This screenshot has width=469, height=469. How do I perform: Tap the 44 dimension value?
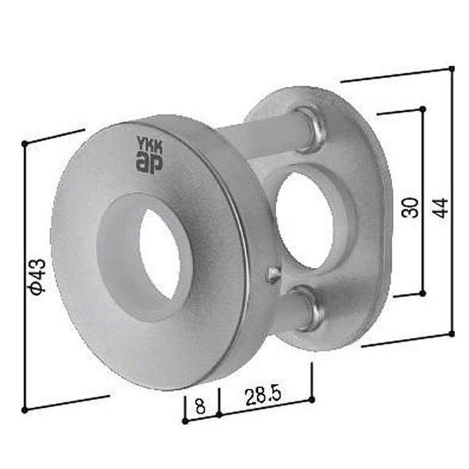point(441,208)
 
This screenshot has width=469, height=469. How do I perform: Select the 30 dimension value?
point(410,207)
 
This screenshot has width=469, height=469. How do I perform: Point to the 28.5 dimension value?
point(263,397)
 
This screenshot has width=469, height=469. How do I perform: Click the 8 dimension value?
point(200,406)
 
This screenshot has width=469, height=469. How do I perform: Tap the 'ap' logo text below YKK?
point(148,163)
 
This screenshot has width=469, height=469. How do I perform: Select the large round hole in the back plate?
point(304,221)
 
